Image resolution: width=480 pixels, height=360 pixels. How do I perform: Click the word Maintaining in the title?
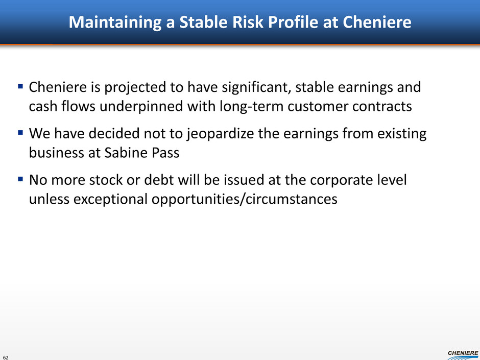(115, 22)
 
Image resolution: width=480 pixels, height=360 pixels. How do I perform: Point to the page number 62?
(6, 357)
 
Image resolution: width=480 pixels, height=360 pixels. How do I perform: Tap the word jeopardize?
(220, 134)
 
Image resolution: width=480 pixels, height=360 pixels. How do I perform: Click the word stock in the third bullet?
(106, 180)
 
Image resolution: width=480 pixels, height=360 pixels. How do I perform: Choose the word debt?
(159, 180)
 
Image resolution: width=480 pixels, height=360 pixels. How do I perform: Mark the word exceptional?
(111, 199)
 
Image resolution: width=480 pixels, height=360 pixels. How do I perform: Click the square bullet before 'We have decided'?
(20, 133)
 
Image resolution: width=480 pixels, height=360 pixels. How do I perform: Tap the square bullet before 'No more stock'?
(20, 179)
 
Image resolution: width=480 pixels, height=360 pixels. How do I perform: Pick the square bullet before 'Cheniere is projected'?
(20, 86)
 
